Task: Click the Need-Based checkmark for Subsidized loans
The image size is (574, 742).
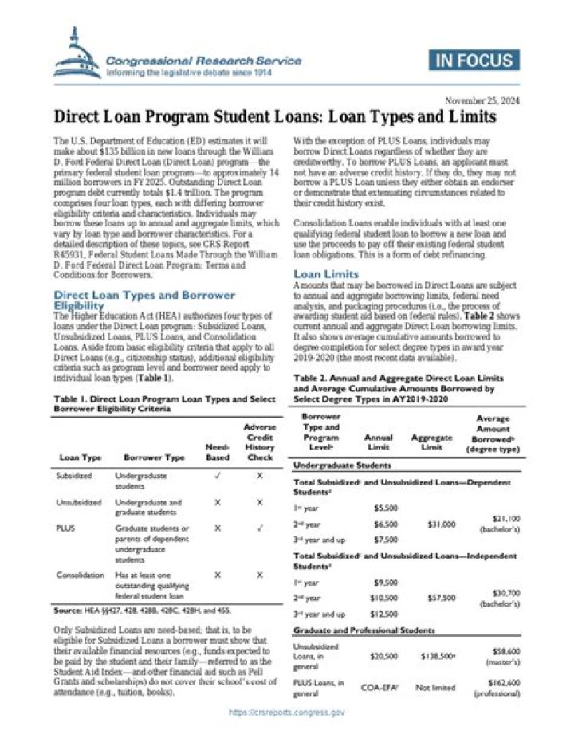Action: (217, 475)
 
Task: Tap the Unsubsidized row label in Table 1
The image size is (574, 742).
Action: (79, 503)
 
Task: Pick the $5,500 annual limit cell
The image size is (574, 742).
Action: (386, 507)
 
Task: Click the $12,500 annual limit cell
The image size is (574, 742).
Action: (386, 614)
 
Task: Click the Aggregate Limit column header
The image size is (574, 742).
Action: (431, 442)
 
